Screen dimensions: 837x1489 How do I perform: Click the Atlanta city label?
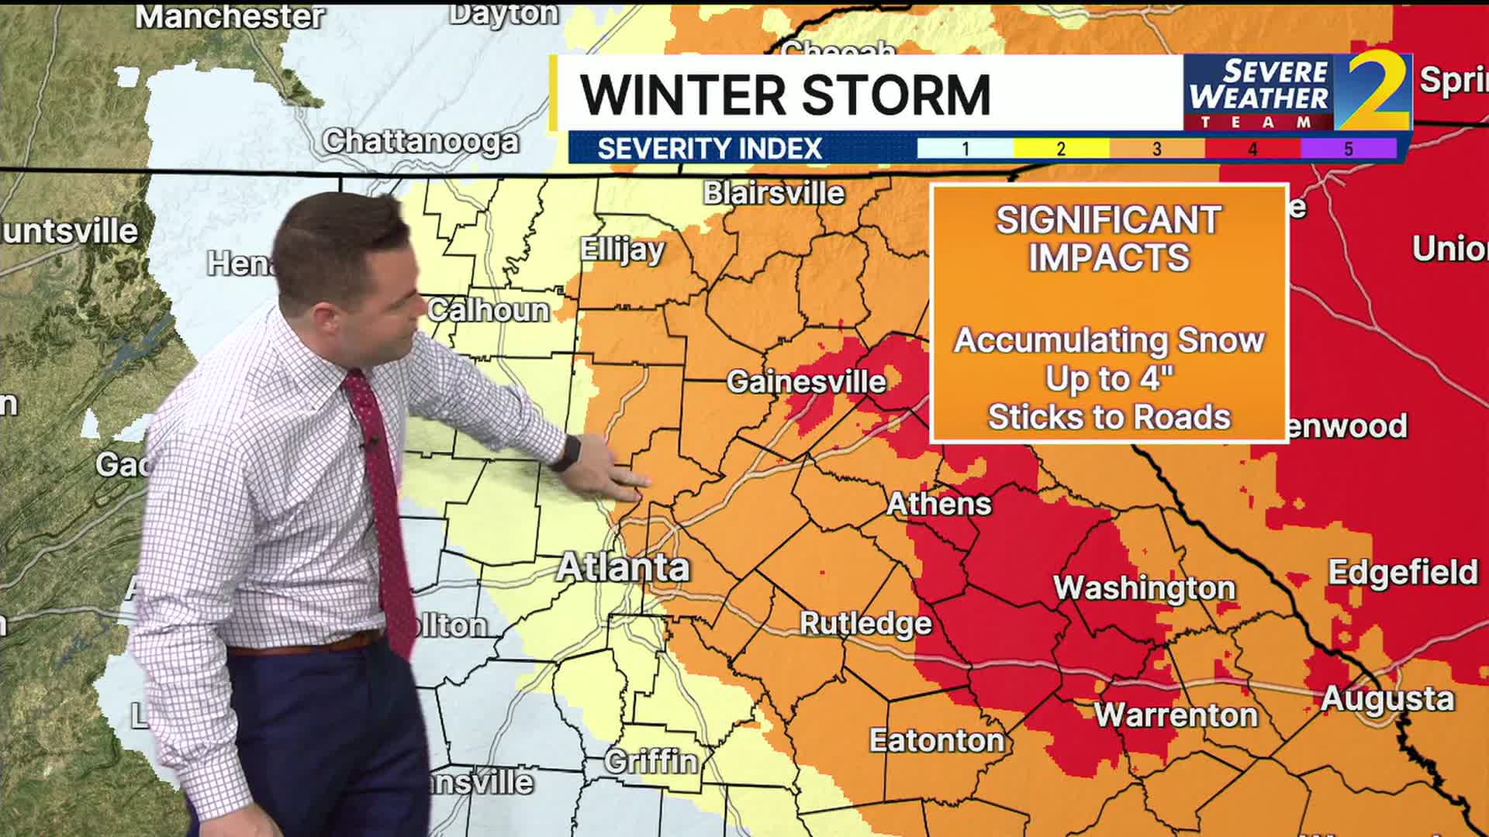coord(623,568)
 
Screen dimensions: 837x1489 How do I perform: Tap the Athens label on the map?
coord(938,505)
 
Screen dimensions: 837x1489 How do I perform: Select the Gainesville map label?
coord(806,381)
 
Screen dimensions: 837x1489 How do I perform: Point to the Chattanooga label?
coord(420,142)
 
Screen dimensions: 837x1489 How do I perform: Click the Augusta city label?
coord(1387,699)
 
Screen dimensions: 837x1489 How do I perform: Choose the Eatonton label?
coord(937,741)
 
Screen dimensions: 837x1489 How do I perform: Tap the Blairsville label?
coord(773,193)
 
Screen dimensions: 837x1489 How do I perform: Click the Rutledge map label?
coord(865,623)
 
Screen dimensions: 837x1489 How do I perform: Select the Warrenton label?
coord(1176,715)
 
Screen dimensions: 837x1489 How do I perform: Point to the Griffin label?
coord(651,762)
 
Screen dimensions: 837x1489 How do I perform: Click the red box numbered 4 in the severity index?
coord(1252,149)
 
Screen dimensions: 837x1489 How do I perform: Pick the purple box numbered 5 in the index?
coord(1348,149)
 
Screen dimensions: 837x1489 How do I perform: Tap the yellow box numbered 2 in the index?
coord(1061,149)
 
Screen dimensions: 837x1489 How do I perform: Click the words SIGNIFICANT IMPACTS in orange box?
coord(1108,239)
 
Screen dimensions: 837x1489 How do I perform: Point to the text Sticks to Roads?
coord(1108,418)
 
